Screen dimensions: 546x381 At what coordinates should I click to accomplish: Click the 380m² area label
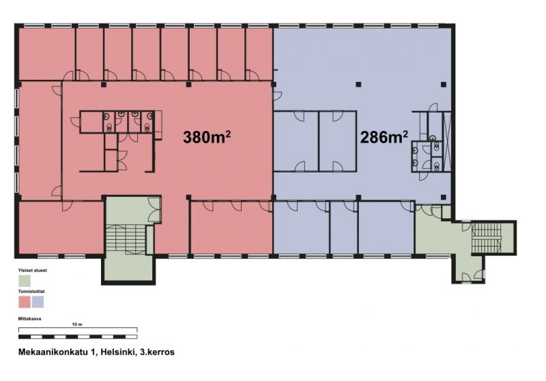pos(207,137)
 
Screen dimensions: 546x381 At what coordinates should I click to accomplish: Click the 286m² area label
pos(384,137)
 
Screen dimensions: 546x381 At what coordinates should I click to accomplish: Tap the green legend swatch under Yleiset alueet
pos(25,281)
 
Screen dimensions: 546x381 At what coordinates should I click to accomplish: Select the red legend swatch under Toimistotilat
pos(25,302)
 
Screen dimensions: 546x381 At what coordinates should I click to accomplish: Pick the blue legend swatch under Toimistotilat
pos(38,302)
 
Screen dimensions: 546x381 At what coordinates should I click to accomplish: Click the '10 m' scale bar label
pos(77,324)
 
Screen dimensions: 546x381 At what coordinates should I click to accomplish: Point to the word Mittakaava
pos(29,318)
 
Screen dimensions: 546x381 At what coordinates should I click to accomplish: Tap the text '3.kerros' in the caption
pos(157,352)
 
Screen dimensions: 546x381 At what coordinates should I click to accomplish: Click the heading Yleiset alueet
pos(32,270)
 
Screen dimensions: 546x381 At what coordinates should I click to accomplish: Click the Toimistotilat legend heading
pos(31,291)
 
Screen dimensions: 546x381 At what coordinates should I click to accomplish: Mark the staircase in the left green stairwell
pos(126,239)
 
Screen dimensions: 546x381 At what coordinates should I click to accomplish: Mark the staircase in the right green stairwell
pos(486,239)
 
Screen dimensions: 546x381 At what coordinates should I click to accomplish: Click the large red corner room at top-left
pos(46,54)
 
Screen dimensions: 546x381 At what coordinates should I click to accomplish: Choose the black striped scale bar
pos(78,337)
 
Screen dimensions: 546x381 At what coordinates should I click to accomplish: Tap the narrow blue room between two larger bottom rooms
pos(344,228)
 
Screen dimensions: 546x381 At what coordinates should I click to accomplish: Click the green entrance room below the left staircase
pos(128,268)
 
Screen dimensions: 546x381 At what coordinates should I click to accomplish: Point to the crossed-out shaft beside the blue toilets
pos(447,142)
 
